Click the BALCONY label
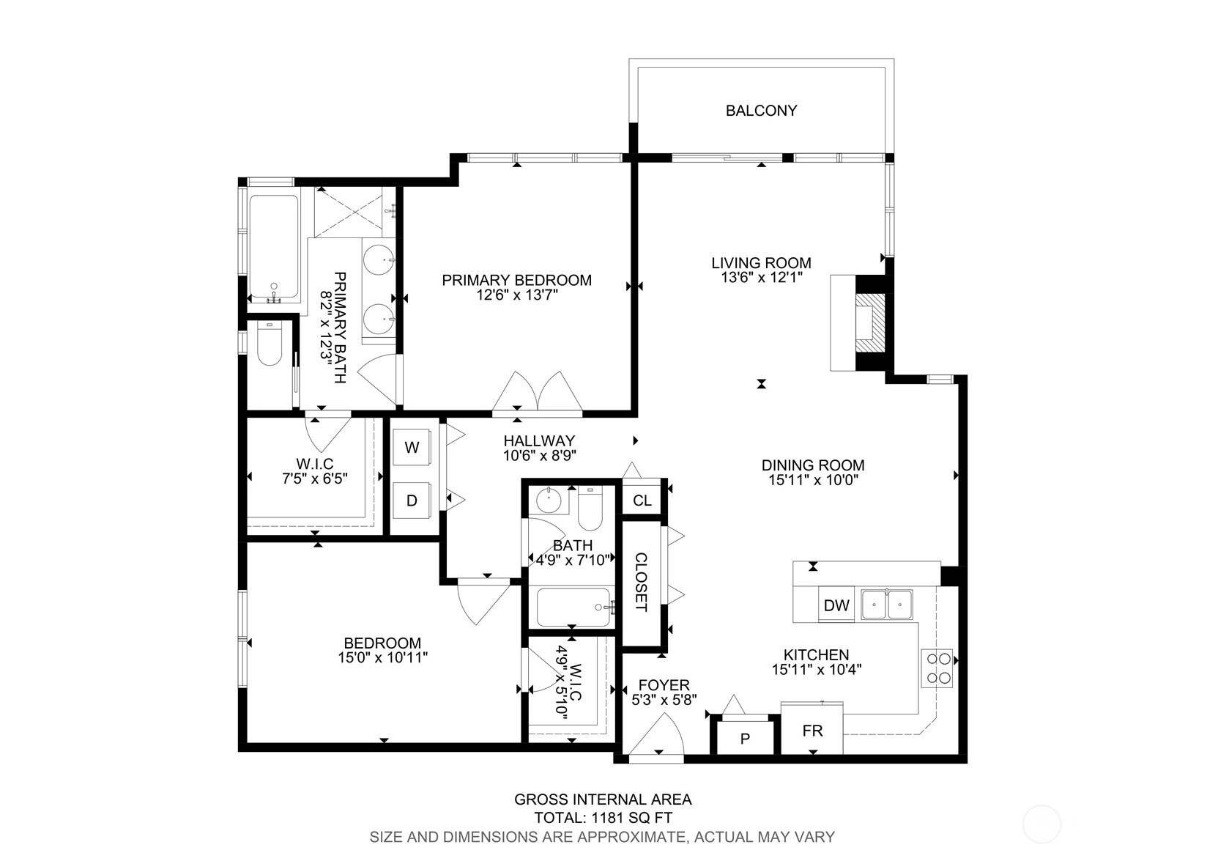pyautogui.click(x=761, y=111)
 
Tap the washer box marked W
pyautogui.click(x=412, y=447)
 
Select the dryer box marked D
pyautogui.click(x=412, y=501)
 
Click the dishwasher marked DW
pyautogui.click(x=836, y=605)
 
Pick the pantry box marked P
pyautogui.click(x=745, y=738)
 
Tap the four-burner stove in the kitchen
pyautogui.click(x=937, y=668)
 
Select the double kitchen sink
pyautogui.click(x=886, y=605)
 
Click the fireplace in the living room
pyautogui.click(x=869, y=323)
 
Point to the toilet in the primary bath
pyautogui.click(x=269, y=343)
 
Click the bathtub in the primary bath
pyautogui.click(x=274, y=247)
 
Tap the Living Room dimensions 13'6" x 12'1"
pyautogui.click(x=762, y=278)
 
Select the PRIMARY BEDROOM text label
pyautogui.click(x=517, y=281)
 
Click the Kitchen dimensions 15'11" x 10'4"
pyautogui.click(x=817, y=670)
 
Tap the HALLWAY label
pyautogui.click(x=539, y=441)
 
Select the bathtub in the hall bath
pyautogui.click(x=573, y=607)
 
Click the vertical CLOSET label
pyautogui.click(x=642, y=582)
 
